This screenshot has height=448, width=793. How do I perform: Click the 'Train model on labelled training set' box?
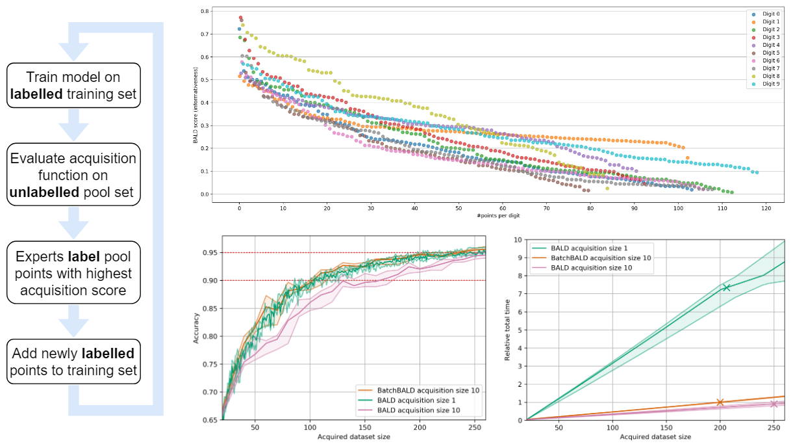coord(73,85)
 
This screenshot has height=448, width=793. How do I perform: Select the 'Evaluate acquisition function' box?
coord(73,175)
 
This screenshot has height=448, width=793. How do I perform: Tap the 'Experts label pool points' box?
coord(73,272)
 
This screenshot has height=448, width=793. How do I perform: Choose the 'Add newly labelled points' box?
coord(73,362)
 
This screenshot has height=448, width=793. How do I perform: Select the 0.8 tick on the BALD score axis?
coord(205,12)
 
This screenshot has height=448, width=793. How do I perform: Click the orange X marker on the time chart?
coord(720,402)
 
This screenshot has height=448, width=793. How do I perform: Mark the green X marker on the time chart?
coord(726,287)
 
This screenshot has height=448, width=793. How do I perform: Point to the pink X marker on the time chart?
coord(774,404)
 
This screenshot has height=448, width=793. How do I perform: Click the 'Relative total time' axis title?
coord(508,330)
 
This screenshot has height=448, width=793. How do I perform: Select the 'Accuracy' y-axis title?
coord(197,330)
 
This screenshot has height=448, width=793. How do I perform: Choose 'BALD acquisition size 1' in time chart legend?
coord(590,248)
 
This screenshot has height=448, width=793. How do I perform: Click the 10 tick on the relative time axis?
coord(518,239)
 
